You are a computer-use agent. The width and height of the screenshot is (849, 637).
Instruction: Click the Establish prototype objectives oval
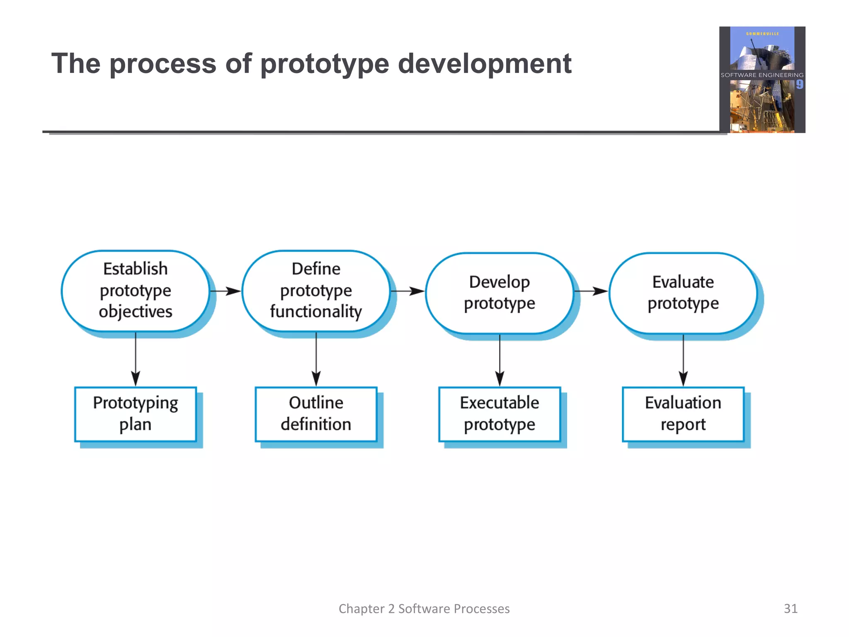135,290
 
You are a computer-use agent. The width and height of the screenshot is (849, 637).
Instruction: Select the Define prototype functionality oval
316,290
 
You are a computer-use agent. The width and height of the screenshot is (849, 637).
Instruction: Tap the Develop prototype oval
499,293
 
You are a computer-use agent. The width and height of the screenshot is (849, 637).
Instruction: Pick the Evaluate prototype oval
683,293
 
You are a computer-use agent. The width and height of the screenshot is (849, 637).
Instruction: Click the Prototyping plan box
135,414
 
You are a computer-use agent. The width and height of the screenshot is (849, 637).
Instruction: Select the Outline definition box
316,414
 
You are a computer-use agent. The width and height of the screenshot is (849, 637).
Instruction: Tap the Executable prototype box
499,414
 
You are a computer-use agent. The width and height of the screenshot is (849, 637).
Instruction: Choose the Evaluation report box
683,414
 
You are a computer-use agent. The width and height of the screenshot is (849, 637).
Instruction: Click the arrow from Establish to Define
226,291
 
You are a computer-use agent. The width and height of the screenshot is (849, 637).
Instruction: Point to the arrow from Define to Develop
408,291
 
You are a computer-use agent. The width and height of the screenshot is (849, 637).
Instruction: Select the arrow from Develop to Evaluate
592,291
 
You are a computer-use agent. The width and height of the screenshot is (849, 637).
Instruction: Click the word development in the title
484,64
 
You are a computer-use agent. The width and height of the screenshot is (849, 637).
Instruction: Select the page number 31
790,608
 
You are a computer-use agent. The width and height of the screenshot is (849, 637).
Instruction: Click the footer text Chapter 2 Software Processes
424,608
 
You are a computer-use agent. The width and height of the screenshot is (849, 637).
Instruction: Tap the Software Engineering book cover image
762,80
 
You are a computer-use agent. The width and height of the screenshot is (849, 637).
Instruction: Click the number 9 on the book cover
799,85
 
